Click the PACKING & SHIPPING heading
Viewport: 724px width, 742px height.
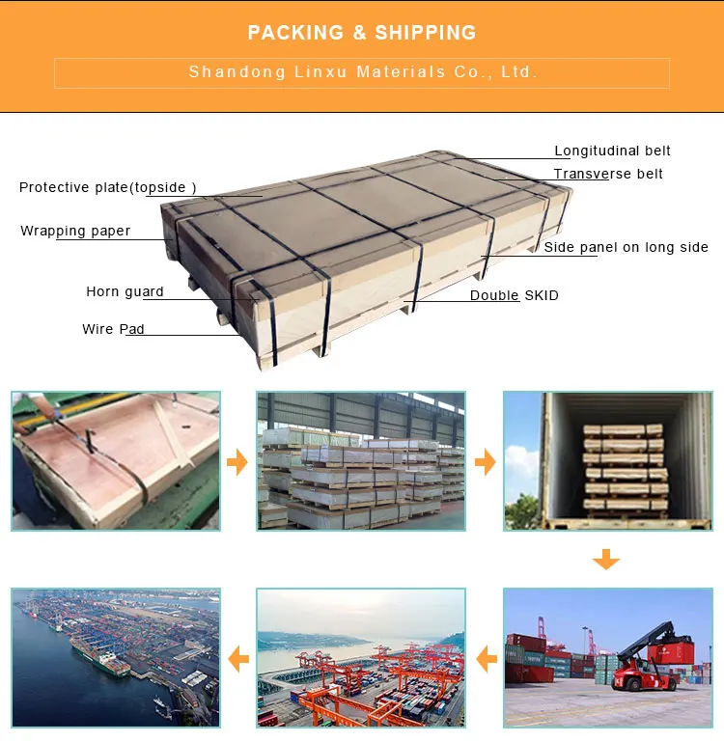coord(362,33)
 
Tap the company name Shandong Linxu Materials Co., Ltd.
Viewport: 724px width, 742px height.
coord(362,72)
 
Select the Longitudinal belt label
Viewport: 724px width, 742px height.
coord(612,151)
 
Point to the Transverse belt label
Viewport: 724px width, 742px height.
coord(608,175)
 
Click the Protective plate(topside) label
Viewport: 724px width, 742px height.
coord(108,187)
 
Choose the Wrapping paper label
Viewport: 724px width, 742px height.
coord(75,232)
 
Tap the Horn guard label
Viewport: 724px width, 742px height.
coord(125,291)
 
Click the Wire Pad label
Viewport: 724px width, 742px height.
coord(113,329)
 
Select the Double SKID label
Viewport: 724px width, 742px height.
coord(514,295)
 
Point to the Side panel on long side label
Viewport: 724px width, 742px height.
coord(626,248)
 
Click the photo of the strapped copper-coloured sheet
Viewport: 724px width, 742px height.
coord(116,460)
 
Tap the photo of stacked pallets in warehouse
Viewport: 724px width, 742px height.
coord(361,460)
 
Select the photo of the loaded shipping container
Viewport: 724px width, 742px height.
coord(607,460)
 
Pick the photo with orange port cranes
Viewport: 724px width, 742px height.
coord(361,658)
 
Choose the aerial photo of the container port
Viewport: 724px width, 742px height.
coord(116,658)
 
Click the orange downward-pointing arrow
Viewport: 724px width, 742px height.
coord(606,560)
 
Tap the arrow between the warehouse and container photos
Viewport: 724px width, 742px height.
coord(485,462)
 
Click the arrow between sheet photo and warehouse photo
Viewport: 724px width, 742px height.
coord(237,462)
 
